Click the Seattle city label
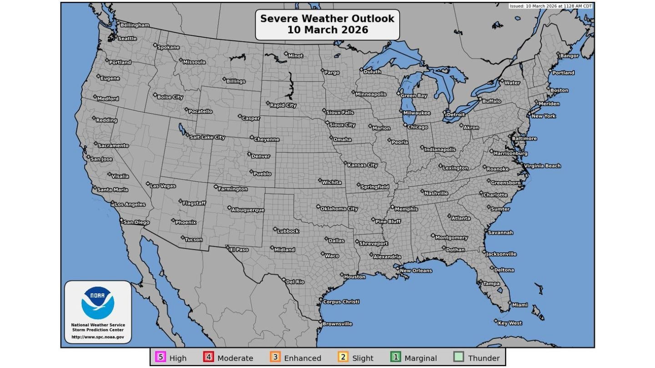pyautogui.click(x=127, y=39)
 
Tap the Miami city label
pyautogui.click(x=519, y=305)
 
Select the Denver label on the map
pyautogui.click(x=260, y=156)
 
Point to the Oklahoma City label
pyautogui.click(x=339, y=209)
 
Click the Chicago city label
pyautogui.click(x=417, y=127)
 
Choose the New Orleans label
pyautogui.click(x=415, y=271)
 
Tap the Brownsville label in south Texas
pyautogui.click(x=337, y=324)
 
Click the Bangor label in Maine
pyautogui.click(x=569, y=56)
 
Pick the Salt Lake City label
pyautogui.click(x=207, y=137)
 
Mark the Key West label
pyautogui.click(x=509, y=323)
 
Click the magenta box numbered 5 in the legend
pyautogui.click(x=161, y=357)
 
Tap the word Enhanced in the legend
pyautogui.click(x=302, y=358)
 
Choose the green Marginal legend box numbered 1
pyautogui.click(x=396, y=357)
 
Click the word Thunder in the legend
pyautogui.click(x=484, y=358)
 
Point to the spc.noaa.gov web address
pyautogui.click(x=98, y=337)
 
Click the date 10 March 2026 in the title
pyautogui.click(x=327, y=30)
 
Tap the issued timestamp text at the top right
pyautogui.click(x=550, y=6)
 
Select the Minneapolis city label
pyautogui.click(x=370, y=94)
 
